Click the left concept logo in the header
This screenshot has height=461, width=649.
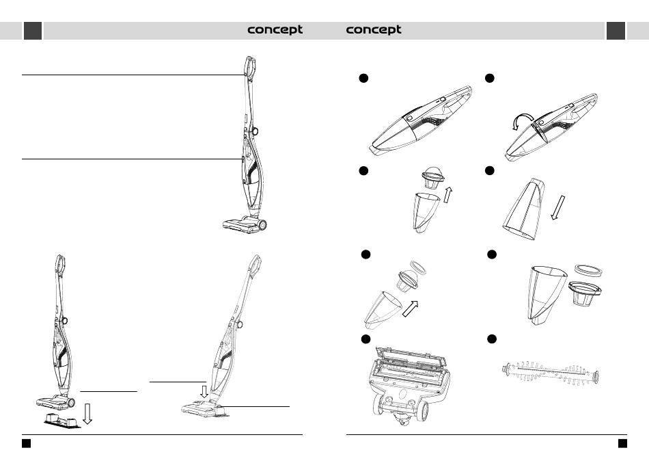click(x=275, y=30)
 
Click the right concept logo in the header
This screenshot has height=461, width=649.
click(x=374, y=30)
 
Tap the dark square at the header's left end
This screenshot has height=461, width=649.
click(x=33, y=31)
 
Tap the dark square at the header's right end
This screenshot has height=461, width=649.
click(x=616, y=31)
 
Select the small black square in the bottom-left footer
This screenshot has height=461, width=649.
click(x=26, y=443)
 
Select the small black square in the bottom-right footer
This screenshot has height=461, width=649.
click(x=622, y=443)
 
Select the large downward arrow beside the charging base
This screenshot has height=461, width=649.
click(x=87, y=412)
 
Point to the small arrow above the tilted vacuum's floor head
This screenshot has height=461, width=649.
click(x=204, y=391)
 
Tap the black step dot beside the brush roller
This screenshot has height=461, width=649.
click(x=491, y=339)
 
